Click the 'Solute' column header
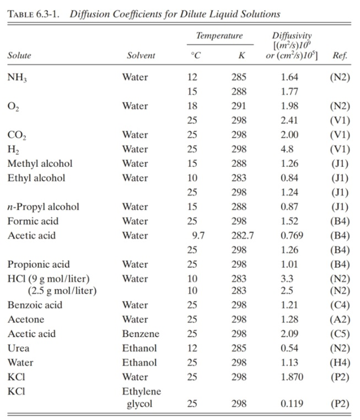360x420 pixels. click(19, 56)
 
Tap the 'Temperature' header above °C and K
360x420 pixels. click(219, 36)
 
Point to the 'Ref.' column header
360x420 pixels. click(340, 56)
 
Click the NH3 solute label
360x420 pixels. click(17, 78)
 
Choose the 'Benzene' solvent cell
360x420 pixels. click(140, 334)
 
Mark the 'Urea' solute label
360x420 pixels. click(18, 348)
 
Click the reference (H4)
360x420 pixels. click(339, 363)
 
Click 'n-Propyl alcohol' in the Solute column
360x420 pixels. click(43, 207)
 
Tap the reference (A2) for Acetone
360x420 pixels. click(339, 320)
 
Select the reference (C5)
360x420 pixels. click(339, 334)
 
